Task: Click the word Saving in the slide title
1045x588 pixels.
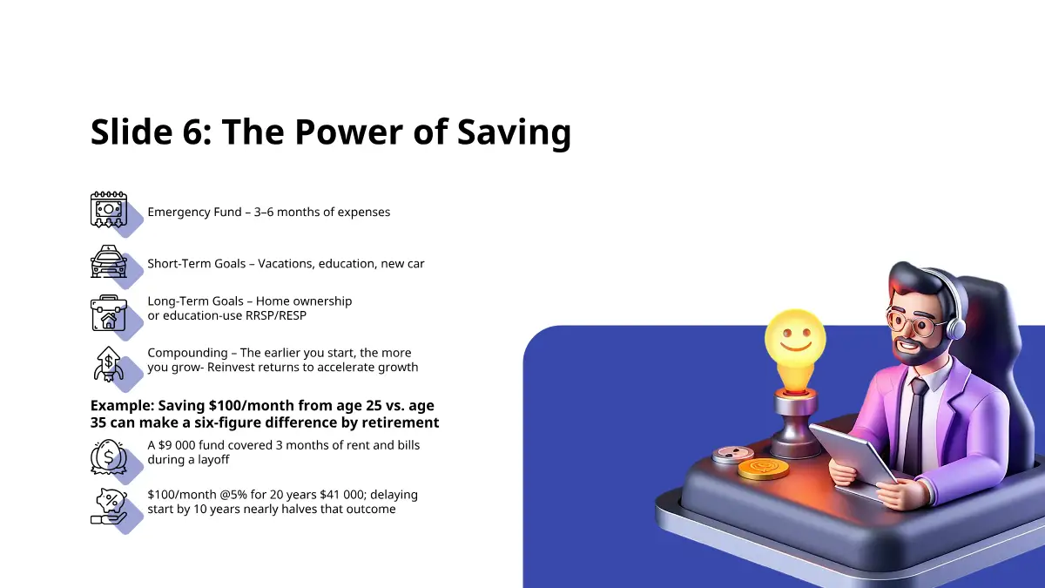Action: click(514, 132)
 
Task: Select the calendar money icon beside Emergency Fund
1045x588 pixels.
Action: click(109, 210)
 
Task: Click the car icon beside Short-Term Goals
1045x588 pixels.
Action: click(109, 261)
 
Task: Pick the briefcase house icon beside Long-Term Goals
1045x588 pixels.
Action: click(109, 313)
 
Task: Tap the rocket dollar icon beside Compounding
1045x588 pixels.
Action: click(109, 364)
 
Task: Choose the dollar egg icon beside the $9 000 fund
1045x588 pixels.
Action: click(109, 456)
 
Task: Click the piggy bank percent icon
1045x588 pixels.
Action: click(109, 506)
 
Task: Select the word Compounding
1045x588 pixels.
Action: click(187, 354)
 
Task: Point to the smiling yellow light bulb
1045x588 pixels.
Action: click(795, 348)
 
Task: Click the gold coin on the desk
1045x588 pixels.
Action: click(763, 469)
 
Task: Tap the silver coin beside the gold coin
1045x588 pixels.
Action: click(733, 455)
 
